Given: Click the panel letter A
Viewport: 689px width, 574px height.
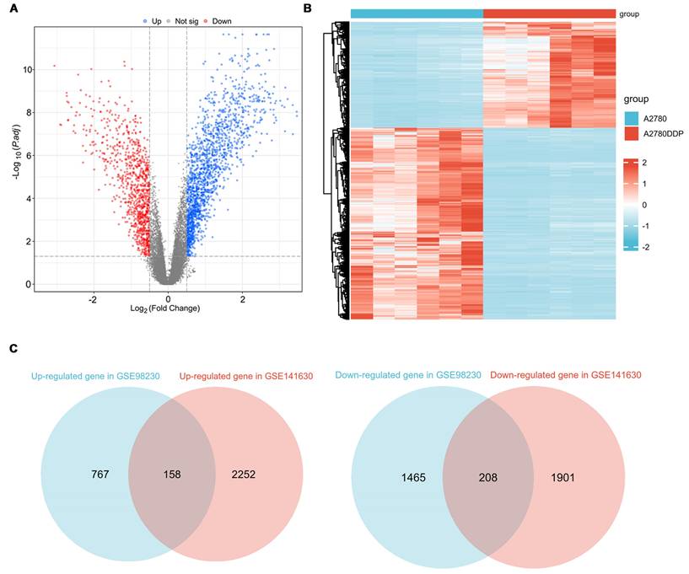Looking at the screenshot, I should (13, 9).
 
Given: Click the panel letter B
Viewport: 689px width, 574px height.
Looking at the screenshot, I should (308, 9).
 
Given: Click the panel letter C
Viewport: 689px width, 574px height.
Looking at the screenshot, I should (13, 347).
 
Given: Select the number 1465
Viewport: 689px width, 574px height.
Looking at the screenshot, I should (413, 477).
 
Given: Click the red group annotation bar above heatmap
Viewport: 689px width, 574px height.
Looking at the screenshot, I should (549, 13).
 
